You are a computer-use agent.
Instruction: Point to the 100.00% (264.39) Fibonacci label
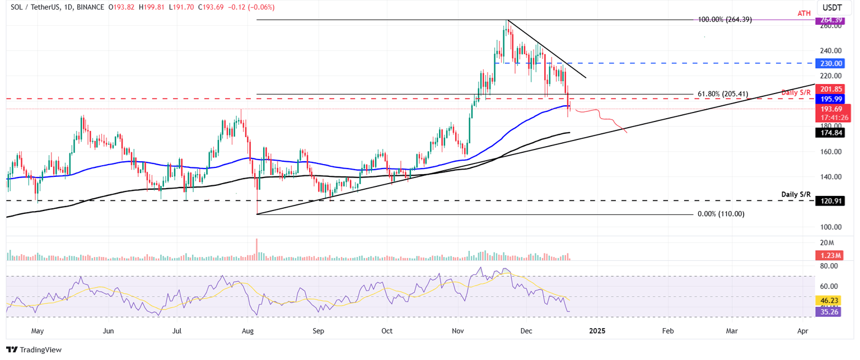(x=725, y=20)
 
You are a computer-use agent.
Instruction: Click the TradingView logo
(x=35, y=350)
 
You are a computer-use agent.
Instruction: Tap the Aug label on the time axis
(x=247, y=331)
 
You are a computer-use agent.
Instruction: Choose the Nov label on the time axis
(x=457, y=331)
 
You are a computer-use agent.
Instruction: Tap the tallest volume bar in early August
(x=257, y=250)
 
